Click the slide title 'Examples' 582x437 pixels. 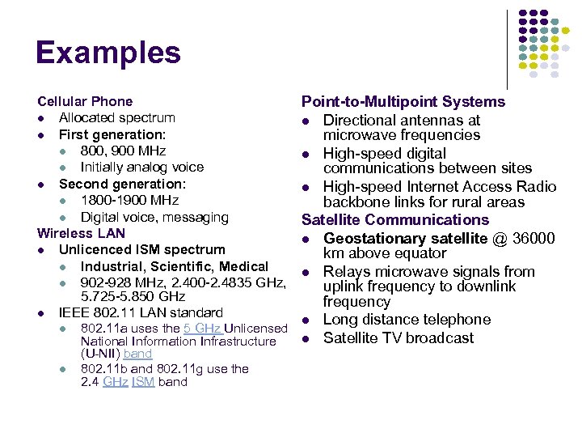pos(108,53)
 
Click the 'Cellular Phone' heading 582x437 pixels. pos(85,101)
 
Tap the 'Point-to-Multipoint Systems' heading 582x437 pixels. pos(403,101)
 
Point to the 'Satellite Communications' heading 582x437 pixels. pos(394,219)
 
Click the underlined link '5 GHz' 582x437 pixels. pos(202,329)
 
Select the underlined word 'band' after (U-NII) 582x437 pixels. pos(138,354)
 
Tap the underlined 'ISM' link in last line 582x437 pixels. pos(143,382)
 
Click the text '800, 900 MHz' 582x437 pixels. pos(123,151)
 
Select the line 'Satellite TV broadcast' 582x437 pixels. pos(399,337)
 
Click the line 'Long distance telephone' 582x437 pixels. pos(407,320)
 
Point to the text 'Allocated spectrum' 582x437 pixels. pos(116,118)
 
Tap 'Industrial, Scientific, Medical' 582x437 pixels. pos(174,266)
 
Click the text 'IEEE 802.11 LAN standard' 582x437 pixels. pos(141,312)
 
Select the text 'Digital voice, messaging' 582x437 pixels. pos(154,217)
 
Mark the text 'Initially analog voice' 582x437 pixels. pos(141,167)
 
